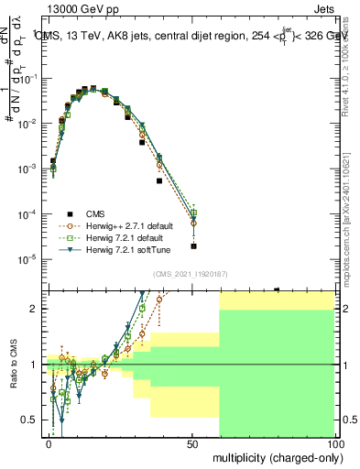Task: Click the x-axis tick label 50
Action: [x=192, y=442]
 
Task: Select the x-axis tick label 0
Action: [x=49, y=442]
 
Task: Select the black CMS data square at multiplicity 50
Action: [x=193, y=246]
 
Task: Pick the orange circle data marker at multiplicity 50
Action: [x=193, y=223]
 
